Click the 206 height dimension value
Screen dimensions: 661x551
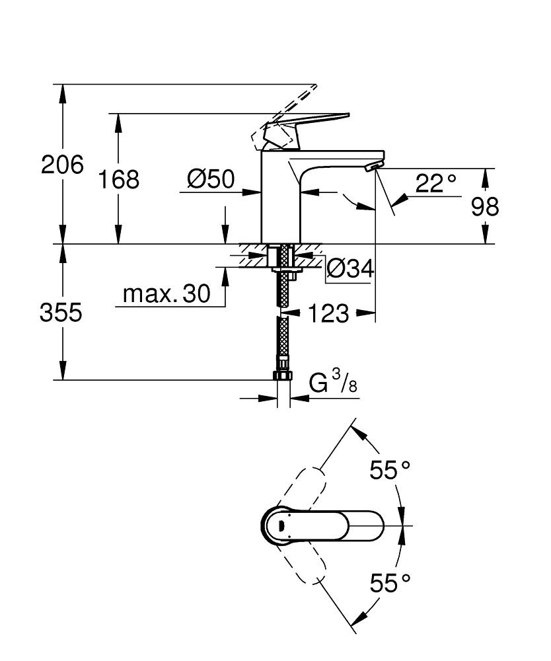(62, 165)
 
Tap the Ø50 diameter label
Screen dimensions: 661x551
(211, 178)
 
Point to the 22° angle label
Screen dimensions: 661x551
(436, 183)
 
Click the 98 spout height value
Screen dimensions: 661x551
(485, 208)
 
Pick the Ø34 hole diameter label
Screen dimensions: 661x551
(350, 268)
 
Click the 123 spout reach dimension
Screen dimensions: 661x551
(328, 314)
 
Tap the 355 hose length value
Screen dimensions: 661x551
(61, 313)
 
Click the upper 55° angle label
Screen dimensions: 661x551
(390, 471)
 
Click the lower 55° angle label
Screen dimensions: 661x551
(390, 583)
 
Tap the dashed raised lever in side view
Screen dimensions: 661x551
(291, 106)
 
